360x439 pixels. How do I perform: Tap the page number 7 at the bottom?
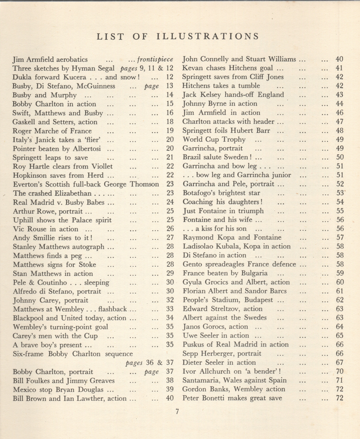[177, 412]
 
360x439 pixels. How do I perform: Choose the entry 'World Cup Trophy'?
[214, 139]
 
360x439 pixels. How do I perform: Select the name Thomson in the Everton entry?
[144, 184]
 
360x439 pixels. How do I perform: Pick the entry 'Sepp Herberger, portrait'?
[222, 354]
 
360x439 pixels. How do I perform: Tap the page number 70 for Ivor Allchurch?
[339, 371]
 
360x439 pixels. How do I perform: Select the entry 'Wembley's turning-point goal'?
[60, 327]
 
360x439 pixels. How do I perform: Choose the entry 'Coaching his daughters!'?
[222, 201]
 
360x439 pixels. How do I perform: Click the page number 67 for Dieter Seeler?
[339, 362]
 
